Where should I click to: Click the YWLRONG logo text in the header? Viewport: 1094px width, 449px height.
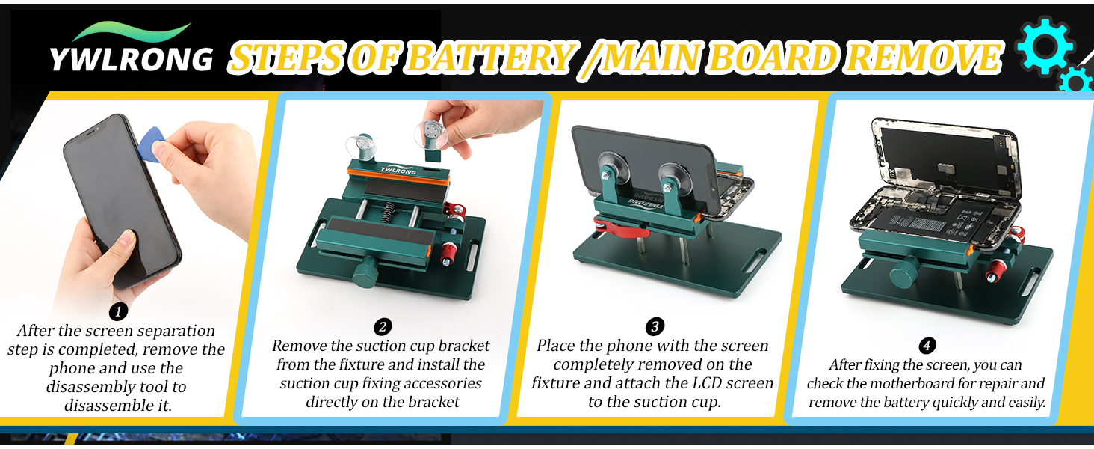click(131, 59)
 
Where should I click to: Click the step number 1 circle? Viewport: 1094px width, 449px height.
click(118, 311)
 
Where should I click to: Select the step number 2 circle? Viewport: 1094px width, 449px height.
click(383, 327)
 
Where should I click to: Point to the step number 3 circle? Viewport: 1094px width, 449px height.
click(655, 327)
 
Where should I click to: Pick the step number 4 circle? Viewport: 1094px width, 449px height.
click(927, 346)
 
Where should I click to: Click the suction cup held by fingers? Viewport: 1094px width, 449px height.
click(431, 135)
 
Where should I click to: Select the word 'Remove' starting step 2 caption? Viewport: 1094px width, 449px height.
click(300, 346)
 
